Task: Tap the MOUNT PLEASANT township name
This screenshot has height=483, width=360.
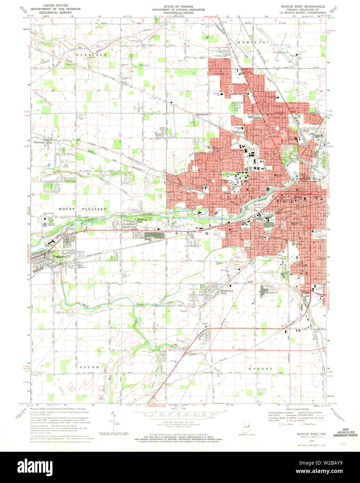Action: pos(83,209)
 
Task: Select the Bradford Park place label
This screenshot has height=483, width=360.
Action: pos(142,220)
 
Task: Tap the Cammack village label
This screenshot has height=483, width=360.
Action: pos(39,142)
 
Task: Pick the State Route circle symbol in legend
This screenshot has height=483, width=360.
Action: pos(302,424)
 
